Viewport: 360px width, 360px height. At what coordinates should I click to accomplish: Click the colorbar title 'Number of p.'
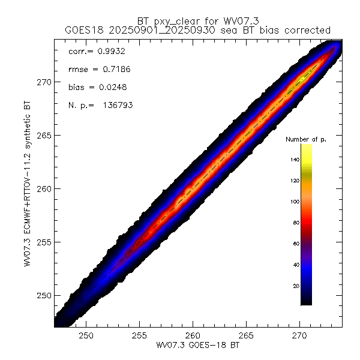click(305, 139)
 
